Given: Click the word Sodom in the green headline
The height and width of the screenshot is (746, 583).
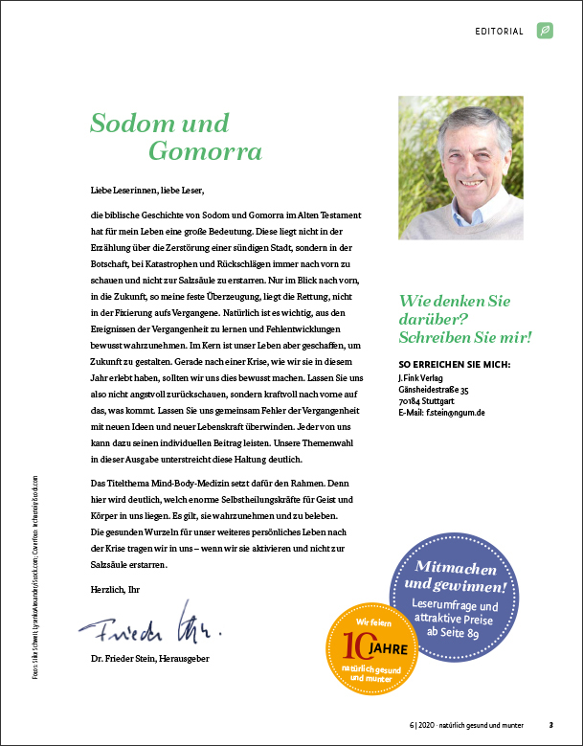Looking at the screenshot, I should click(x=125, y=124).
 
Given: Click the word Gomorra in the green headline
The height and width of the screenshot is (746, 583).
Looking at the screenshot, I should click(x=205, y=152).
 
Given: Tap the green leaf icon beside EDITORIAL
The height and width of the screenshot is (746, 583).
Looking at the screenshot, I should click(x=545, y=31).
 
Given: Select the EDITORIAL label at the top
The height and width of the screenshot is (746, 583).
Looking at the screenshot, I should click(x=499, y=32).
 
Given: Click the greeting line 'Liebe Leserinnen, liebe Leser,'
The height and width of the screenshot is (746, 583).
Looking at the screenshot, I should click(x=147, y=190).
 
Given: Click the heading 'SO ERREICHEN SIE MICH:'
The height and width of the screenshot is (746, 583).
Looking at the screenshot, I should click(x=453, y=365).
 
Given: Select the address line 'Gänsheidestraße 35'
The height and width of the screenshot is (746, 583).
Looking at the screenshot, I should click(x=434, y=390).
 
